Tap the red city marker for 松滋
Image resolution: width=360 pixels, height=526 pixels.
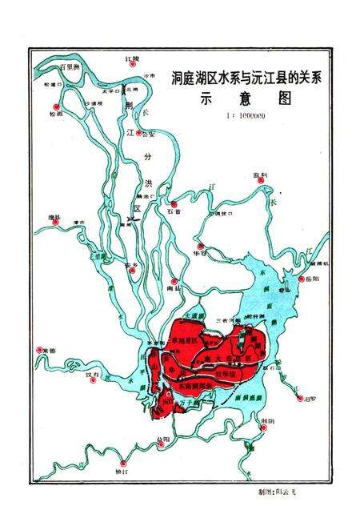(x=54, y=106)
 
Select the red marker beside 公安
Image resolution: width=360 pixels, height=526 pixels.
(x=139, y=133)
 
